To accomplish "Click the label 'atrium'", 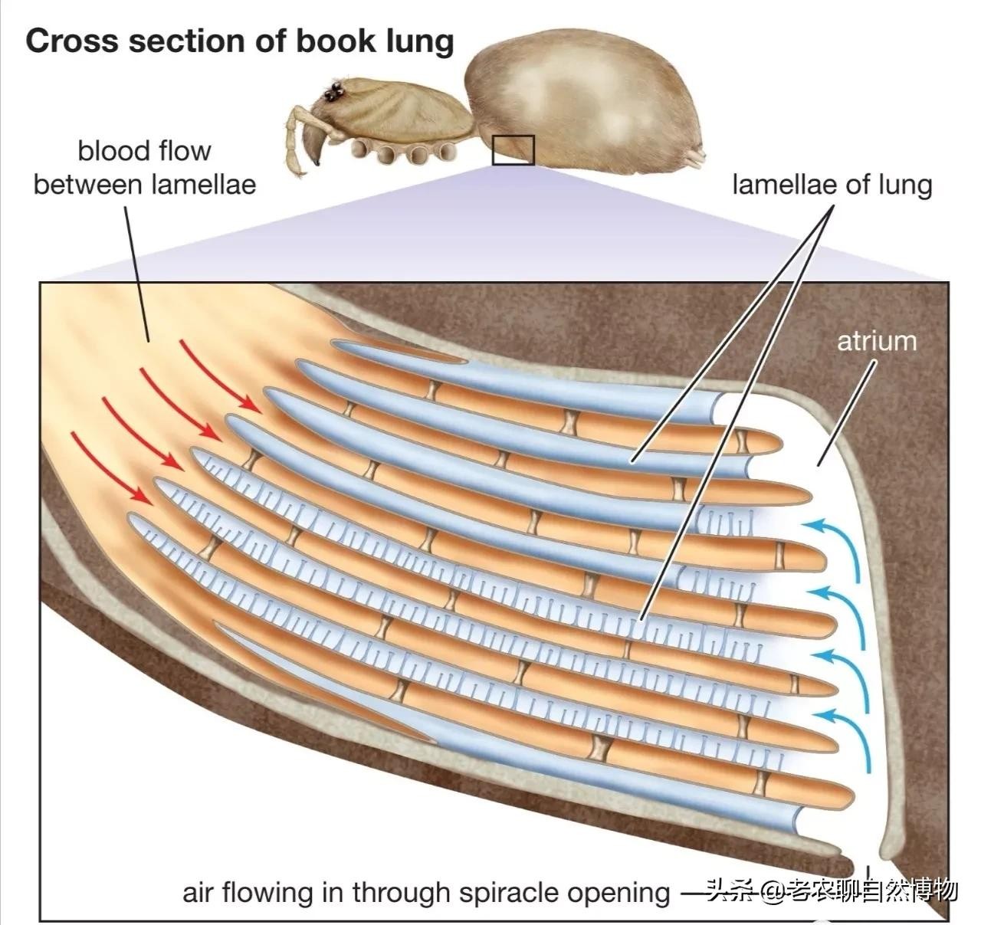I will (876, 340).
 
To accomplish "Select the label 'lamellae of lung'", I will (832, 185).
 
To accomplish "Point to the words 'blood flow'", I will (144, 151).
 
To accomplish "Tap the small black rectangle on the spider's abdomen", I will (513, 149).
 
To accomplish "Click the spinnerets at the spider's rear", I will (697, 158).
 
